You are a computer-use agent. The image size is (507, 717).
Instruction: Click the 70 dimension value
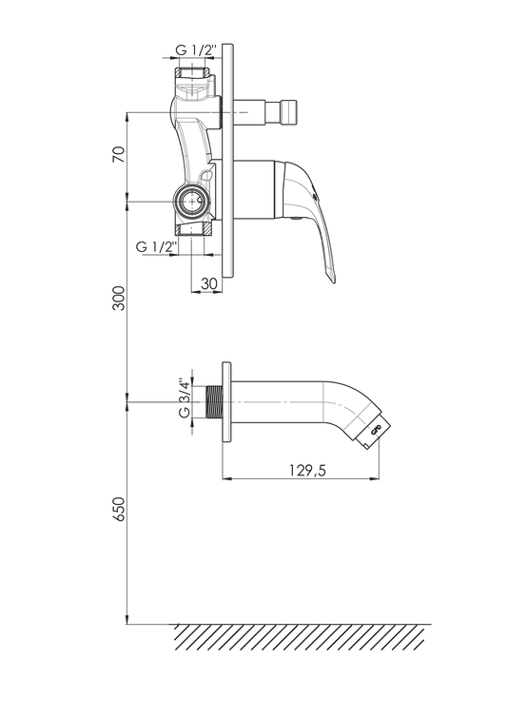click(119, 155)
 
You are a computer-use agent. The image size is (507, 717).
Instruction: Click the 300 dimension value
click(119, 299)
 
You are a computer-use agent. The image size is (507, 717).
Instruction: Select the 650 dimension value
click(119, 509)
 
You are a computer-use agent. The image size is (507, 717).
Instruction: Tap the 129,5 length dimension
click(307, 470)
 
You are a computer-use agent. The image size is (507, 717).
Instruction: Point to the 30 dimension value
click(208, 283)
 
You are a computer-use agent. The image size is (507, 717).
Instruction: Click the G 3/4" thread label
click(185, 397)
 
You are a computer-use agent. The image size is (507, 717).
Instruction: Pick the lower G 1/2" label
click(157, 247)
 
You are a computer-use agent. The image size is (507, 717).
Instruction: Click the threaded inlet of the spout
click(214, 402)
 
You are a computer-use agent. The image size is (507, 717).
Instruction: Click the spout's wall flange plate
click(226, 402)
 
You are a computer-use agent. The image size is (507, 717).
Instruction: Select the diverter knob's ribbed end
click(289, 111)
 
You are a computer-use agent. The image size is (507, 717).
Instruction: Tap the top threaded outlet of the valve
click(193, 72)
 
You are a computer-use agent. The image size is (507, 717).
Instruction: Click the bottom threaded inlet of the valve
click(193, 229)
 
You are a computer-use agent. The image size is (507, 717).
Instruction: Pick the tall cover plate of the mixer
click(227, 161)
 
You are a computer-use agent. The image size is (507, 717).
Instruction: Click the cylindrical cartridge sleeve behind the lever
click(254, 189)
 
